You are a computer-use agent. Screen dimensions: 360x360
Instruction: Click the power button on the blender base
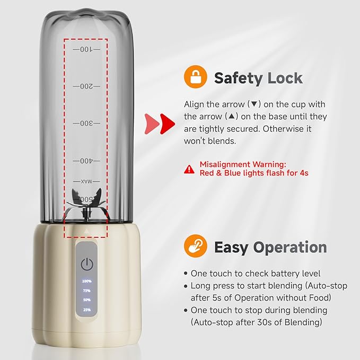(87, 264)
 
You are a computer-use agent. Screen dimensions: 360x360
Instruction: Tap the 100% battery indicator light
(87, 281)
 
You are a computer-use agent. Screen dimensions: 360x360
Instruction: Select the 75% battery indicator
(87, 291)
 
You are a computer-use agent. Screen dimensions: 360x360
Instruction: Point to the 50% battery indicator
(87, 300)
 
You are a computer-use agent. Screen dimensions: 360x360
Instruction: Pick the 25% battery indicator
(87, 310)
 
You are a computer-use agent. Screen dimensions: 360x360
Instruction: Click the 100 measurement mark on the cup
(86, 49)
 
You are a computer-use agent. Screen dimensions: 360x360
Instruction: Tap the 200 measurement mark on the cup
(86, 86)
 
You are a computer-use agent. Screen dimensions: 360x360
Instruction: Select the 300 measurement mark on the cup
(86, 124)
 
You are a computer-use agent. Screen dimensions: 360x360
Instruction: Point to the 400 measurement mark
(86, 161)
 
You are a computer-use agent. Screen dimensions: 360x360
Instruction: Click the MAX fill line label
(86, 182)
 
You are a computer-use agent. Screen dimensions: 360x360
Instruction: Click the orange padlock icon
(196, 77)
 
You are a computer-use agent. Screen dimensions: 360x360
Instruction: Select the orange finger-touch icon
(196, 246)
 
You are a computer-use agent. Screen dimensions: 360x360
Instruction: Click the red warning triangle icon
(189, 169)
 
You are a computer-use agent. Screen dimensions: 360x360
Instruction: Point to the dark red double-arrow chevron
(167, 124)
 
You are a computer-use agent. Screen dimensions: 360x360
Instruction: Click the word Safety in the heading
(238, 78)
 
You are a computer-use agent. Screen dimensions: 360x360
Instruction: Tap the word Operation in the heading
(290, 247)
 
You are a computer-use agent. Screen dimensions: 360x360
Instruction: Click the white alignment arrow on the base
(86, 231)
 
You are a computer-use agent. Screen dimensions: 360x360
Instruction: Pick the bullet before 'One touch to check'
(186, 274)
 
